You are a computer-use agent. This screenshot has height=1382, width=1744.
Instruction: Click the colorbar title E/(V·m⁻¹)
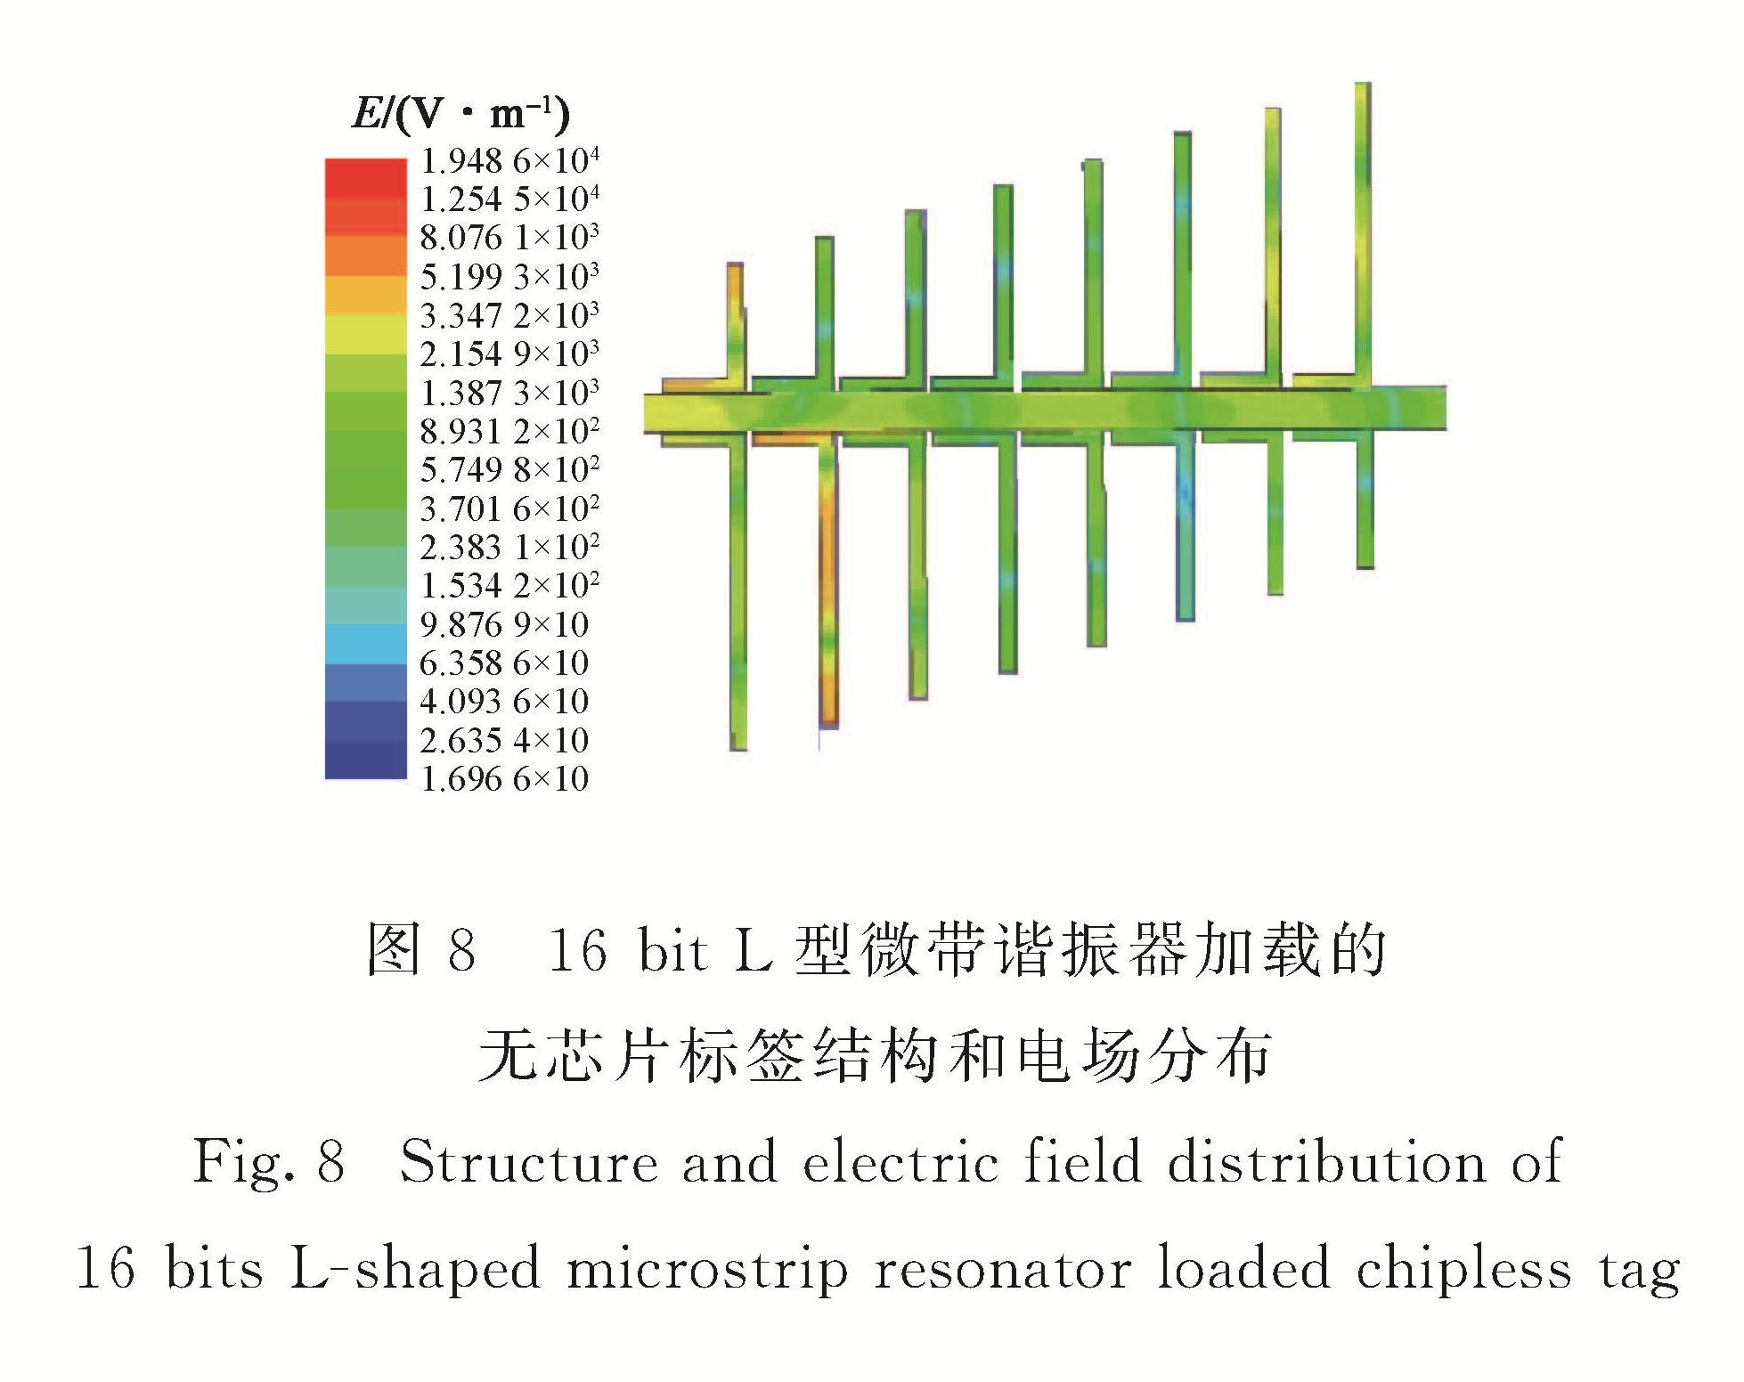[x=460, y=113]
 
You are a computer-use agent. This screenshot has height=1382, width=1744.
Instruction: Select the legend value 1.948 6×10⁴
[x=509, y=160]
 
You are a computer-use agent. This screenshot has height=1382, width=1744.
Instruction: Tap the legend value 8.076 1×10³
[x=509, y=238]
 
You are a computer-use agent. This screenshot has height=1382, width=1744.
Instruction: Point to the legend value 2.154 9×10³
[x=509, y=354]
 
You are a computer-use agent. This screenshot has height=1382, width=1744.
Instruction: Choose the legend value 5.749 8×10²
[x=509, y=469]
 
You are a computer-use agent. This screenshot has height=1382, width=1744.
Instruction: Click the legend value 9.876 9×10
[x=504, y=624]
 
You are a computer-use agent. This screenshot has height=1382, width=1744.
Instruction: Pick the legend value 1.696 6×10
[x=504, y=779]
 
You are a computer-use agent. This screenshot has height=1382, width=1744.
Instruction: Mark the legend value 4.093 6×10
[x=504, y=702]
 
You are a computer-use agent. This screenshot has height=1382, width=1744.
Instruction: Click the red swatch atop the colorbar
[x=365, y=178]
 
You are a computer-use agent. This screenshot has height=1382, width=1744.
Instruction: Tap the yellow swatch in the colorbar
[x=365, y=334]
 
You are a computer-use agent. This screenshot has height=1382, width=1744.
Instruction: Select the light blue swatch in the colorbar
[x=365, y=644]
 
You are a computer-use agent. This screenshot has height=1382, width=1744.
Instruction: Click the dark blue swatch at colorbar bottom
[x=365, y=760]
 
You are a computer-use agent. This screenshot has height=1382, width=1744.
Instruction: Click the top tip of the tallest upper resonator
[x=1363, y=84]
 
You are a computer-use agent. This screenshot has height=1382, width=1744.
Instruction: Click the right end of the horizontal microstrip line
[x=1445, y=409]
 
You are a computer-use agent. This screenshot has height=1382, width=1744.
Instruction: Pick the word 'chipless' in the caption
[x=1463, y=1268]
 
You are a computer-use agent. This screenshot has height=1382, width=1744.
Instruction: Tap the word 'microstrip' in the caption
[x=707, y=1268]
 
